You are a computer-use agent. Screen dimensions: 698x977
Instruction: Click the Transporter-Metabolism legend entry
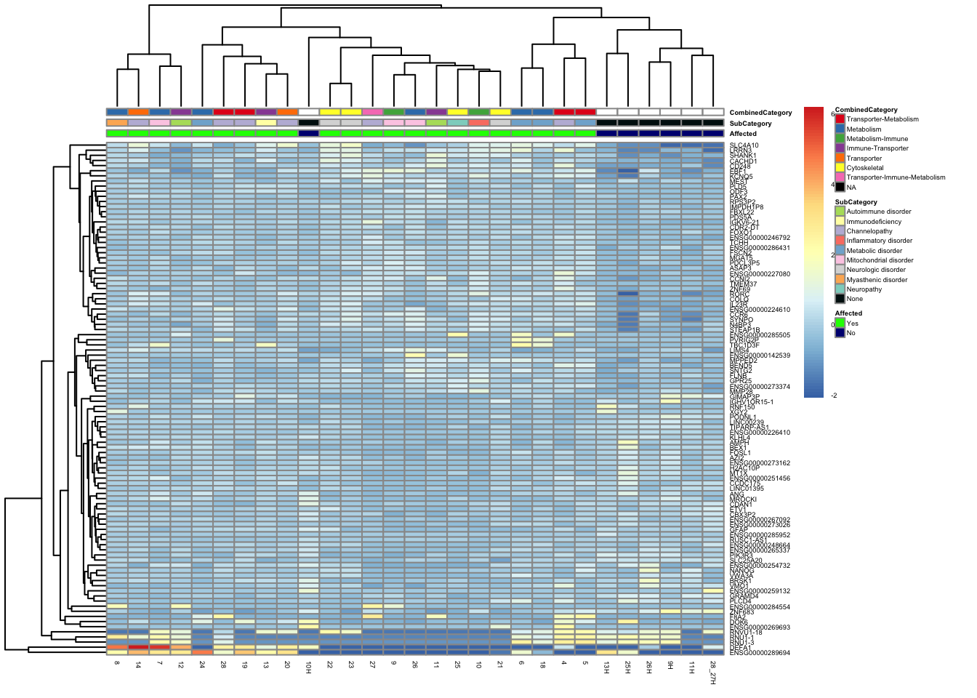pyautogui.click(x=882, y=119)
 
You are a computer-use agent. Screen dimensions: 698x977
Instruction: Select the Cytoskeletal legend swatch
pyautogui.click(x=840, y=168)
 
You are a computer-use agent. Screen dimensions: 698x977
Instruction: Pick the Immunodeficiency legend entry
pyautogui.click(x=873, y=222)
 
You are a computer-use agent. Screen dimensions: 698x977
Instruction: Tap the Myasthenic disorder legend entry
pyautogui.click(x=876, y=280)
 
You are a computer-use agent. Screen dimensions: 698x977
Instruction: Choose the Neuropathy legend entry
pyautogui.click(x=864, y=289)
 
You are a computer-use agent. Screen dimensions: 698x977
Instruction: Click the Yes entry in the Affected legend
pyautogui.click(x=852, y=324)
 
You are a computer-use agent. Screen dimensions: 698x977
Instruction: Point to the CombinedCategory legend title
pyautogui.click(x=866, y=110)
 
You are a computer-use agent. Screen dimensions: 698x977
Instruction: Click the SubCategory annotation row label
pyautogui.click(x=750, y=124)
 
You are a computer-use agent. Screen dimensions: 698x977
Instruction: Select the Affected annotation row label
pyautogui.click(x=743, y=134)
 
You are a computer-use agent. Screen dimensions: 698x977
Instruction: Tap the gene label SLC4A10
pyautogui.click(x=744, y=145)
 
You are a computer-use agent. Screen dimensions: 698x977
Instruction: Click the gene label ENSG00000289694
pyautogui.click(x=760, y=653)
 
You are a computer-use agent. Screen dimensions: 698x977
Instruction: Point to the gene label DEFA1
pyautogui.click(x=740, y=648)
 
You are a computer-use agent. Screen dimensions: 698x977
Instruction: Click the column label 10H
pyautogui.click(x=308, y=668)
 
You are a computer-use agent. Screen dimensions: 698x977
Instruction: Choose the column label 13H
pyautogui.click(x=606, y=668)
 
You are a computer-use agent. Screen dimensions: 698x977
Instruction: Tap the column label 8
pyautogui.click(x=116, y=664)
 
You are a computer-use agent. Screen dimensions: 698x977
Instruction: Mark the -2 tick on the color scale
pyautogui.click(x=833, y=396)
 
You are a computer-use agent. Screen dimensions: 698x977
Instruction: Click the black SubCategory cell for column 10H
pyautogui.click(x=308, y=123)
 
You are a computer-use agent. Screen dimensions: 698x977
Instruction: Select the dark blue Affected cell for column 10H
pyautogui.click(x=308, y=134)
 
